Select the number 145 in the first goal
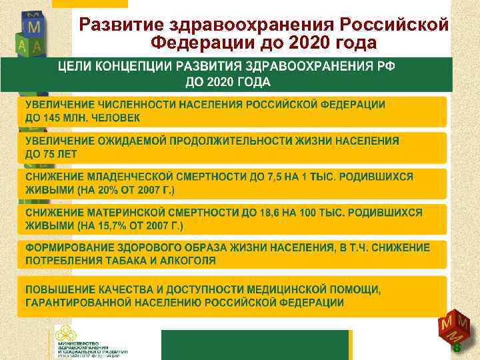coord(51,118)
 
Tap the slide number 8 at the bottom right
coord(457,348)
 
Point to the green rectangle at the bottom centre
coord(255,345)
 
